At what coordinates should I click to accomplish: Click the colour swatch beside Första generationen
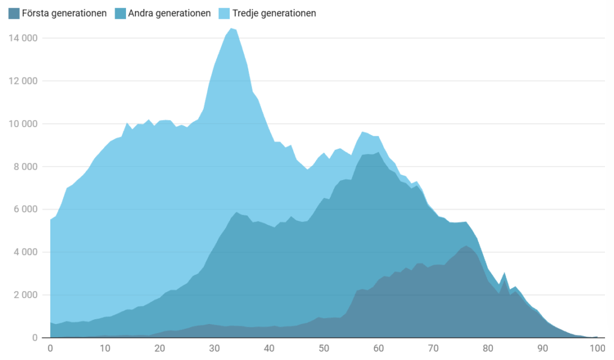(14, 13)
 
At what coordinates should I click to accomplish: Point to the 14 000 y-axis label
(23, 38)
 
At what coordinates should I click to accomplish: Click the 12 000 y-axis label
(23, 81)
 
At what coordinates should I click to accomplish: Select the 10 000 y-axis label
(23, 124)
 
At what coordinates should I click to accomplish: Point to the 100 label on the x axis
(597, 349)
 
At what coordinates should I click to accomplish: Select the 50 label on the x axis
(324, 349)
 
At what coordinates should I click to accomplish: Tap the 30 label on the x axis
(214, 349)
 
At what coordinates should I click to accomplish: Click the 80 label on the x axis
(487, 349)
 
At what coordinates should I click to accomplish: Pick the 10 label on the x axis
(105, 349)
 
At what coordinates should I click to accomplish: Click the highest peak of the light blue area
(231, 28)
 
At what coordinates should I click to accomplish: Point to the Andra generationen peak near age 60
(378, 152)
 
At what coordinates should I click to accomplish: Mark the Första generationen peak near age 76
(466, 245)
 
